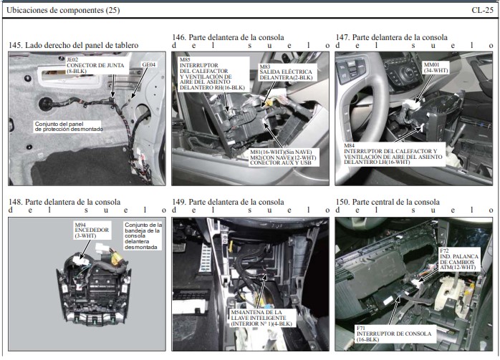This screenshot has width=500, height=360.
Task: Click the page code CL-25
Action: click(x=482, y=10)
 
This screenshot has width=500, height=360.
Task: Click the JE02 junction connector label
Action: click(x=95, y=65)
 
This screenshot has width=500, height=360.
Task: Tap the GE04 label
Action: click(x=148, y=64)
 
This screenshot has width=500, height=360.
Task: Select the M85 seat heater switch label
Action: click(x=212, y=74)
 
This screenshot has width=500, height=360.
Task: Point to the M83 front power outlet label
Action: click(x=286, y=72)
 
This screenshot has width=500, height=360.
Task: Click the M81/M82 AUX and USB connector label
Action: click(x=283, y=157)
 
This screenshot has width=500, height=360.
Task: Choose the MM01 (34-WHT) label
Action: click(x=436, y=67)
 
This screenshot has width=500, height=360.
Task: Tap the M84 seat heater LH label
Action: click(x=393, y=154)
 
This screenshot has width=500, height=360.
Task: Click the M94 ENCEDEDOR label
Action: click(x=92, y=230)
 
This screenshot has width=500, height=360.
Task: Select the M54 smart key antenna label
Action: click(x=261, y=318)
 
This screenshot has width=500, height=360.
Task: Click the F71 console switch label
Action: click(x=394, y=334)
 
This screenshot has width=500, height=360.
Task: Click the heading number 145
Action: click(x=15, y=45)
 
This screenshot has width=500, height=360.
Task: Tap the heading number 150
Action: click(x=342, y=202)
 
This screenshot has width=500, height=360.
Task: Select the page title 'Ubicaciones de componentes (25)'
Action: click(x=63, y=10)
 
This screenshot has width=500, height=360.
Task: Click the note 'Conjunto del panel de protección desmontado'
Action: click(x=69, y=127)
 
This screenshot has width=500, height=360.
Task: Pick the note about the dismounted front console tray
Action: click(x=143, y=236)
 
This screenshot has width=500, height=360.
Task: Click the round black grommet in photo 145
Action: click(x=45, y=104)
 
